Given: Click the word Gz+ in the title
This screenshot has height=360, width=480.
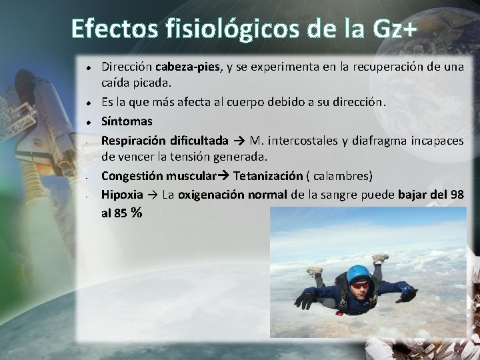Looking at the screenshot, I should pyautogui.click(x=389, y=29).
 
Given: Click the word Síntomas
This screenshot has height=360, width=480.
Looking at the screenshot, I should pyautogui.click(x=127, y=121).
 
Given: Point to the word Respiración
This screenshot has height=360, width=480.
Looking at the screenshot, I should pyautogui.click(x=129, y=140).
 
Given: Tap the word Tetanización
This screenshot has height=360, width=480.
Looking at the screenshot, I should pyautogui.click(x=268, y=176).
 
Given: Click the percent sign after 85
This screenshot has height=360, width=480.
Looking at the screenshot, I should pyautogui.click(x=137, y=213).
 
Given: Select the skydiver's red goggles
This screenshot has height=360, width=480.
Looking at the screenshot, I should pyautogui.click(x=360, y=285).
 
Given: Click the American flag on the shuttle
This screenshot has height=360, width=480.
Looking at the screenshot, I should pyautogui.click(x=37, y=143).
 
